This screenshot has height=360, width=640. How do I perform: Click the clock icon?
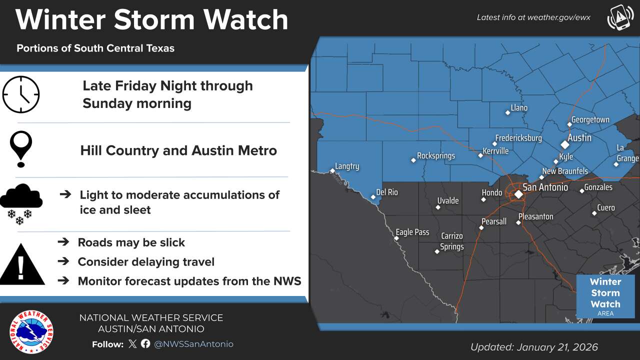(x=21, y=94)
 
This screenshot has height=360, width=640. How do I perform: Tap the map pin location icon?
(x=21, y=149)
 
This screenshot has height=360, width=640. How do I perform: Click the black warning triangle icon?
(x=21, y=264)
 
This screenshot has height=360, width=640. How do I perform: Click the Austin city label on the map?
(x=579, y=137)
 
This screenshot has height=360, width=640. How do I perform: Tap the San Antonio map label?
(x=545, y=187)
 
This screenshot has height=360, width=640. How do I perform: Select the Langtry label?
(x=347, y=166)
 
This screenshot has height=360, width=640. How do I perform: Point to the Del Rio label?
(x=387, y=192)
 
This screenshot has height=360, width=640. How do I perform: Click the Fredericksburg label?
(x=518, y=138)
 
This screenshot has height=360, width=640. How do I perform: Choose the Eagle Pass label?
(x=412, y=232)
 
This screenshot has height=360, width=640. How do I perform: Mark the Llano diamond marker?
(x=508, y=112)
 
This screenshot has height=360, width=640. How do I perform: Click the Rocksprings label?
(x=436, y=156)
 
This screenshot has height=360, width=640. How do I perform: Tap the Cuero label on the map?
(x=606, y=208)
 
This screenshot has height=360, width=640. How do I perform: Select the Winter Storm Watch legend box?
(x=605, y=296)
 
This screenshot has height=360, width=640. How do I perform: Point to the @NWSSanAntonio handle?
(x=193, y=344)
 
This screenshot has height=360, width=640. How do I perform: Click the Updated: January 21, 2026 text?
(x=534, y=347)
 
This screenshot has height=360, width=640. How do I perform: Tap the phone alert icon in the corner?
(x=620, y=17)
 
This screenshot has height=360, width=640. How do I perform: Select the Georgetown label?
(x=590, y=120)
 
